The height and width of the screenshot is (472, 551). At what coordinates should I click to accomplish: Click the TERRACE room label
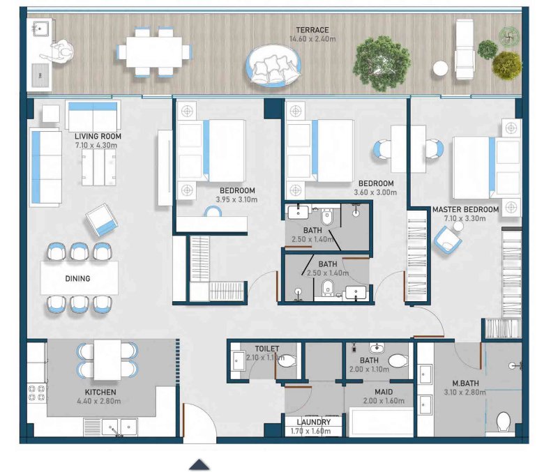(312, 30)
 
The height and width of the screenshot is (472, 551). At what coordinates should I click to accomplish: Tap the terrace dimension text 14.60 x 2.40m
(312, 39)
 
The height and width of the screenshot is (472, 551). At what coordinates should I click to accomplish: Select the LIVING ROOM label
(98, 136)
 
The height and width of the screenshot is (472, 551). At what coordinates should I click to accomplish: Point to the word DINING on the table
(77, 278)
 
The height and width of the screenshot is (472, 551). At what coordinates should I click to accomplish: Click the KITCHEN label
(100, 393)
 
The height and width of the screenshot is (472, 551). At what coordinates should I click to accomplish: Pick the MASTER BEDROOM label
(466, 210)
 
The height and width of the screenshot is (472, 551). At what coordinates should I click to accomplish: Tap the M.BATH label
(465, 383)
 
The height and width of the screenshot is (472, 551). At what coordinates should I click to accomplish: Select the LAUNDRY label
(313, 422)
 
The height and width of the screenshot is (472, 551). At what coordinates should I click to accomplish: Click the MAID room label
(384, 392)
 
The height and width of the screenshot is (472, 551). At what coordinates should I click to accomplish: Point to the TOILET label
(267, 349)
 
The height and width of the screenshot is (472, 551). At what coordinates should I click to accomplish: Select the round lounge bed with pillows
(273, 66)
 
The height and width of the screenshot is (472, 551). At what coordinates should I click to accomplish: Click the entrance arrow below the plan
(199, 464)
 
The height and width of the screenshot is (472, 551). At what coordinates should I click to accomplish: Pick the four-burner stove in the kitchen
(37, 393)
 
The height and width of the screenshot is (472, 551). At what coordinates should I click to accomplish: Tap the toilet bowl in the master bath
(504, 422)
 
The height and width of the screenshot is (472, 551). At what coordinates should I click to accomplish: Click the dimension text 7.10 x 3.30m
(465, 218)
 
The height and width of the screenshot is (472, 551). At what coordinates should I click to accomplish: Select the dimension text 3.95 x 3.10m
(236, 199)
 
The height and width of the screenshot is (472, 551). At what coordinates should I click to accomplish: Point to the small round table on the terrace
(440, 68)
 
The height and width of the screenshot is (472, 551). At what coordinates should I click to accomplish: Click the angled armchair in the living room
(102, 220)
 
